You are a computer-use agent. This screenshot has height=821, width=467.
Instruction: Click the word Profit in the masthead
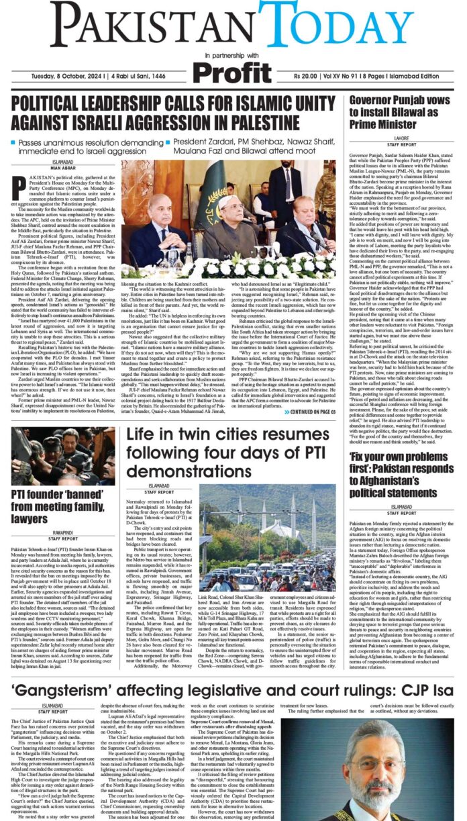(234, 70)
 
